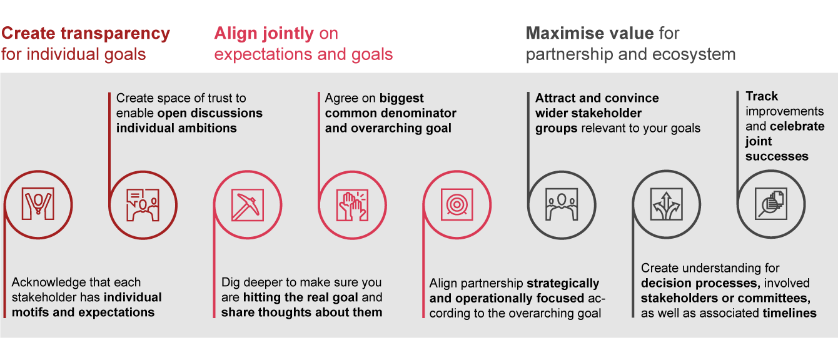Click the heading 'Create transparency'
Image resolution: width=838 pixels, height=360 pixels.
(x=86, y=34)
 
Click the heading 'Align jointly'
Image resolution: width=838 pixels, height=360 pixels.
(x=264, y=34)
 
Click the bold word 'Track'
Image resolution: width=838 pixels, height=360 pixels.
(x=762, y=96)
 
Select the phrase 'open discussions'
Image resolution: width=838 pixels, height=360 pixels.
(x=210, y=113)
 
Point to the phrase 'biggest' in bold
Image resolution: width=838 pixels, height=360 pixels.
(x=401, y=98)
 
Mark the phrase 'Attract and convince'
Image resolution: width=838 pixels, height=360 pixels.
(x=597, y=98)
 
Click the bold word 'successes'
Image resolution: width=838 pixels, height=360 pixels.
(x=777, y=156)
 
